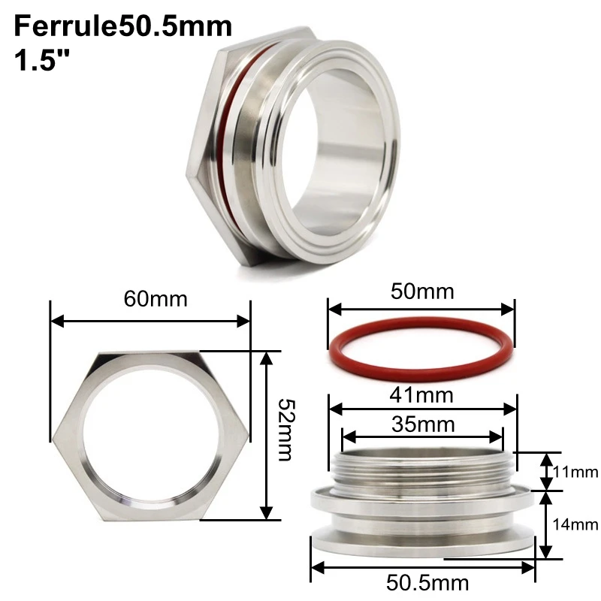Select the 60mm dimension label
[x=156, y=298]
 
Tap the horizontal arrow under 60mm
[x=149, y=322]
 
